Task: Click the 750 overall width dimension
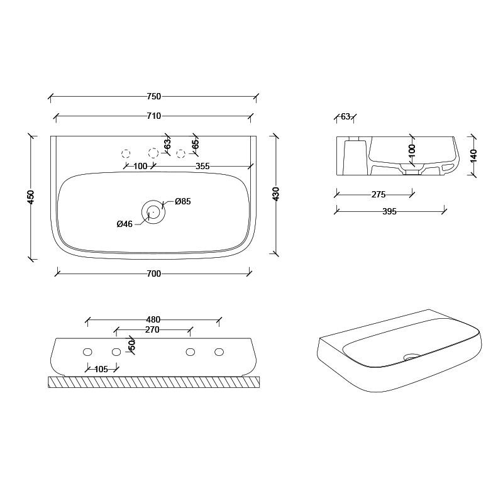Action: [153, 96]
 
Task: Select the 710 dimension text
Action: [153, 115]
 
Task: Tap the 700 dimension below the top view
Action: [153, 274]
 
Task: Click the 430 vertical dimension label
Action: [275, 194]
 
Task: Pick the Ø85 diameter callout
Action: [183, 202]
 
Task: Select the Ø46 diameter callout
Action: [124, 224]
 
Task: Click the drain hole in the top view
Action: [153, 212]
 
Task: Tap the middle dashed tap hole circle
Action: [153, 153]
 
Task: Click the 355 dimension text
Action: [202, 167]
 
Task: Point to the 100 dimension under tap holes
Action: [140, 167]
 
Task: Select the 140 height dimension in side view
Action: [473, 155]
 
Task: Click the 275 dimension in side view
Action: [378, 195]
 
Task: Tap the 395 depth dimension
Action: [389, 212]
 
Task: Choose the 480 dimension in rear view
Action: [153, 319]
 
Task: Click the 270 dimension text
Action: [152, 329]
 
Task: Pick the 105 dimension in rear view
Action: [101, 369]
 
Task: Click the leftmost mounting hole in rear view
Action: [87, 351]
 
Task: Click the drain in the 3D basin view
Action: [412, 357]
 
